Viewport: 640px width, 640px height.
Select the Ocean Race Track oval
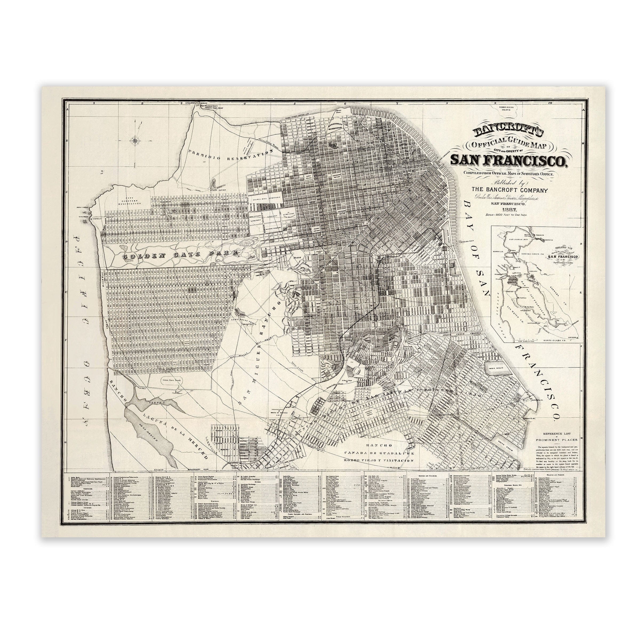(172, 381)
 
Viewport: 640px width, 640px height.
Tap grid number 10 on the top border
(550, 103)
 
